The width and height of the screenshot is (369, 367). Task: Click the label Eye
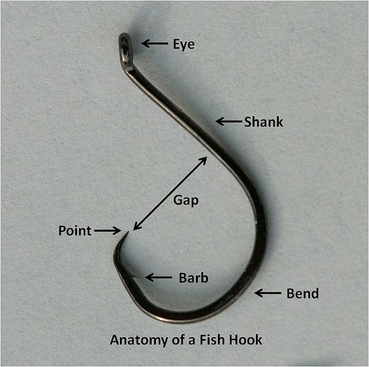183,44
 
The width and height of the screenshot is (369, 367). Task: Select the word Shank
264,122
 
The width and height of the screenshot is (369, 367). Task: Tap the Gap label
186,200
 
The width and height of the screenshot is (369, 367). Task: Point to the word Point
75,231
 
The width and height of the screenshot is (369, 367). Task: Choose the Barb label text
193,278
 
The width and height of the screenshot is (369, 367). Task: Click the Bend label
302,294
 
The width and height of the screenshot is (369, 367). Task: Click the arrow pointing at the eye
154,43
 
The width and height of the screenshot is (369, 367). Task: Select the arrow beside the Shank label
229,122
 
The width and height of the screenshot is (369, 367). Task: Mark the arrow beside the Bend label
267,294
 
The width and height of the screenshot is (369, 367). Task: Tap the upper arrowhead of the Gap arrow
204,159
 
